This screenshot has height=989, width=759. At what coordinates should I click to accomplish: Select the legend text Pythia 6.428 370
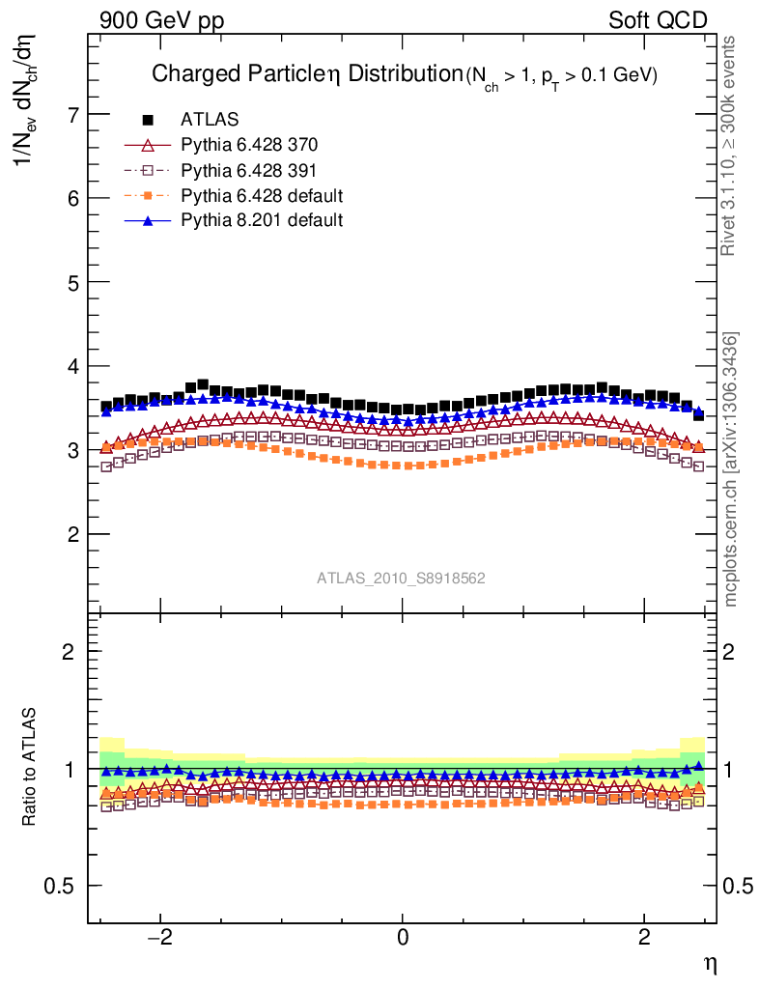[x=248, y=145]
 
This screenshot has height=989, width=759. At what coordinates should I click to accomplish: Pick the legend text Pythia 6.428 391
[x=248, y=170]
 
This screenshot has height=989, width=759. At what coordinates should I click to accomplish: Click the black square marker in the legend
[x=148, y=120]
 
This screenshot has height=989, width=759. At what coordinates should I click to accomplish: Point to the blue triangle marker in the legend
[x=148, y=220]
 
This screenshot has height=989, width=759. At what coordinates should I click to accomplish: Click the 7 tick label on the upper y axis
[x=72, y=114]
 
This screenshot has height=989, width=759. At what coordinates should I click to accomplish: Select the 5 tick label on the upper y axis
[x=72, y=282]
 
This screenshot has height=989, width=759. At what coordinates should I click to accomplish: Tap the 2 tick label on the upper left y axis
[x=72, y=534]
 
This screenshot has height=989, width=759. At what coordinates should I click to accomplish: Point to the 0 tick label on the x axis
[x=403, y=938]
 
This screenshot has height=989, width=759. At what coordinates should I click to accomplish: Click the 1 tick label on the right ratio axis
[x=732, y=770]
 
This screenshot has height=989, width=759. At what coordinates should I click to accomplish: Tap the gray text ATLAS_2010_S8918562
[x=401, y=579]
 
